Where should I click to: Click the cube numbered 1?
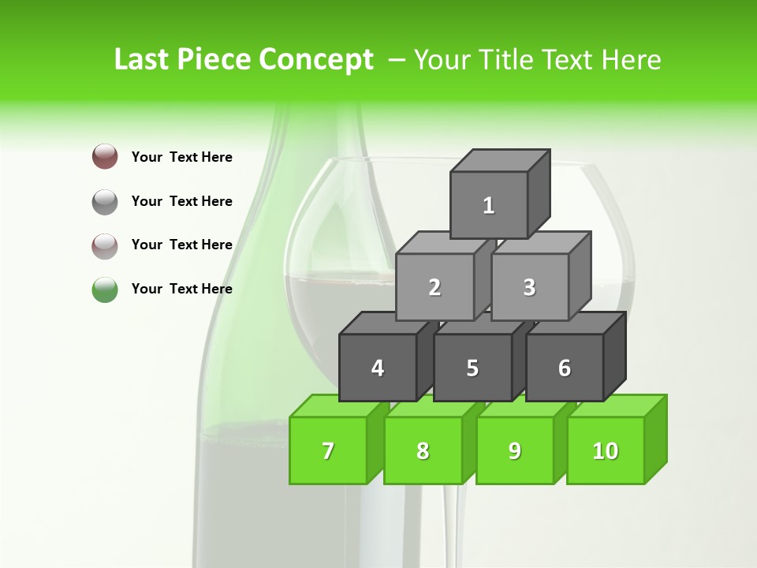coord(489,205)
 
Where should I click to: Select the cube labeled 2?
coord(434,287)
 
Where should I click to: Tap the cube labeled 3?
coord(529,287)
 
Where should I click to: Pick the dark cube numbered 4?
coord(378,368)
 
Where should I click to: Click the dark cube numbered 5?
coord(472,368)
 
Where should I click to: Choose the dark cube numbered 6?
coord(565,368)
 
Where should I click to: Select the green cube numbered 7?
coord(328,450)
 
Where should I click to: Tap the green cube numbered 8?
coord(423,450)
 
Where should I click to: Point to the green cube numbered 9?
coord(515,450)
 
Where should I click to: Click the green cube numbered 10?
coord(606,450)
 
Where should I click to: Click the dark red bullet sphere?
coord(105,156)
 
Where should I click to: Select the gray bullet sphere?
coord(105,201)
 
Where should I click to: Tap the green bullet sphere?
coord(105,290)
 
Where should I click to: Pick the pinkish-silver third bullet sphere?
coord(105,245)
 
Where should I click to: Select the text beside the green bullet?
coord(182,289)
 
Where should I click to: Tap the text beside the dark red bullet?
coord(182,157)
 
